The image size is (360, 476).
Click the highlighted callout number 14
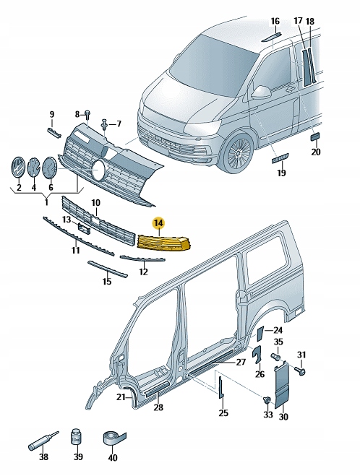pyautogui.click(x=158, y=225)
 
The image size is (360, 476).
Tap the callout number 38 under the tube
pyautogui.click(x=43, y=456)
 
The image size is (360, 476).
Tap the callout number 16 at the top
pyautogui.click(x=275, y=21)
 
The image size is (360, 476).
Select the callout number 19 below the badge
pyautogui.click(x=281, y=173)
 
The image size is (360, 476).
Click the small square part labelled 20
pyautogui.click(x=315, y=136)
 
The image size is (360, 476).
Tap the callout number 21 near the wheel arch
pyautogui.click(x=122, y=397)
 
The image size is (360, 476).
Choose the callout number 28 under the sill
pyautogui.click(x=158, y=409)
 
